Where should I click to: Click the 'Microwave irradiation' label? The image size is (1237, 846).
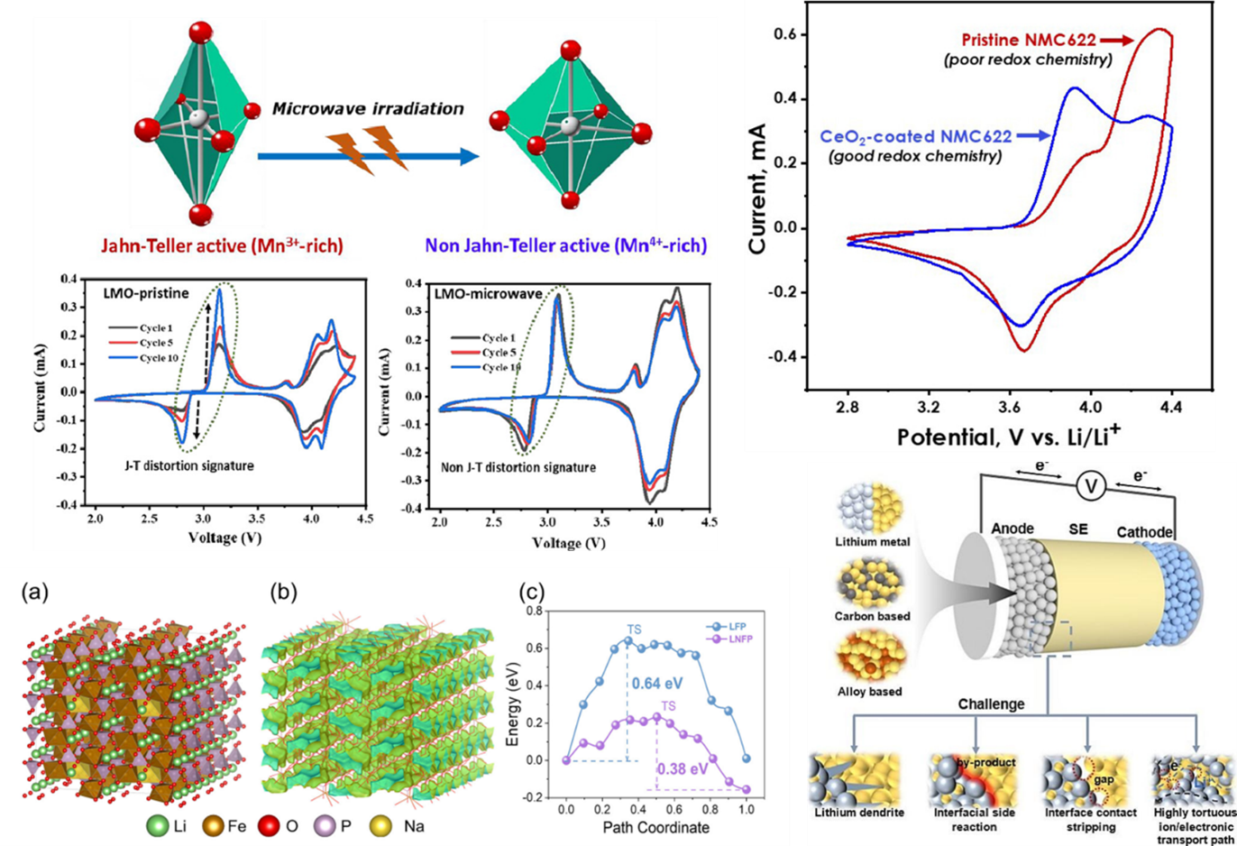[368, 109]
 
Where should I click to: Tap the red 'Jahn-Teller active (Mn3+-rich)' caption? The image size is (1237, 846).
[222, 245]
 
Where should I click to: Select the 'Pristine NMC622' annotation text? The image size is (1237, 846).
[1029, 40]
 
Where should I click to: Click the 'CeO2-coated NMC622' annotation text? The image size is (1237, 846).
[915, 137]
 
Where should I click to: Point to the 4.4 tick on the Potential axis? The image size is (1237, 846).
[1170, 408]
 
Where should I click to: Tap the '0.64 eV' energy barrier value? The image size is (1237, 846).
[659, 684]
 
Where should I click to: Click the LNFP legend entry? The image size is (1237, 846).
[735, 639]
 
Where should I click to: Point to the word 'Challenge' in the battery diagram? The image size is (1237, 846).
[991, 703]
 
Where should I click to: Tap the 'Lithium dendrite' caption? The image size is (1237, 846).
[858, 813]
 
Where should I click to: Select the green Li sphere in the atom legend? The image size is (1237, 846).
[157, 825]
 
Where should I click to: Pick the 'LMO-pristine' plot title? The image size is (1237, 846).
[147, 294]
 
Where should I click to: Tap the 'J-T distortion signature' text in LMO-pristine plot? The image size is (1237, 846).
[189, 465]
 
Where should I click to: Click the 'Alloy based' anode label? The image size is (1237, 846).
[869, 692]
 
